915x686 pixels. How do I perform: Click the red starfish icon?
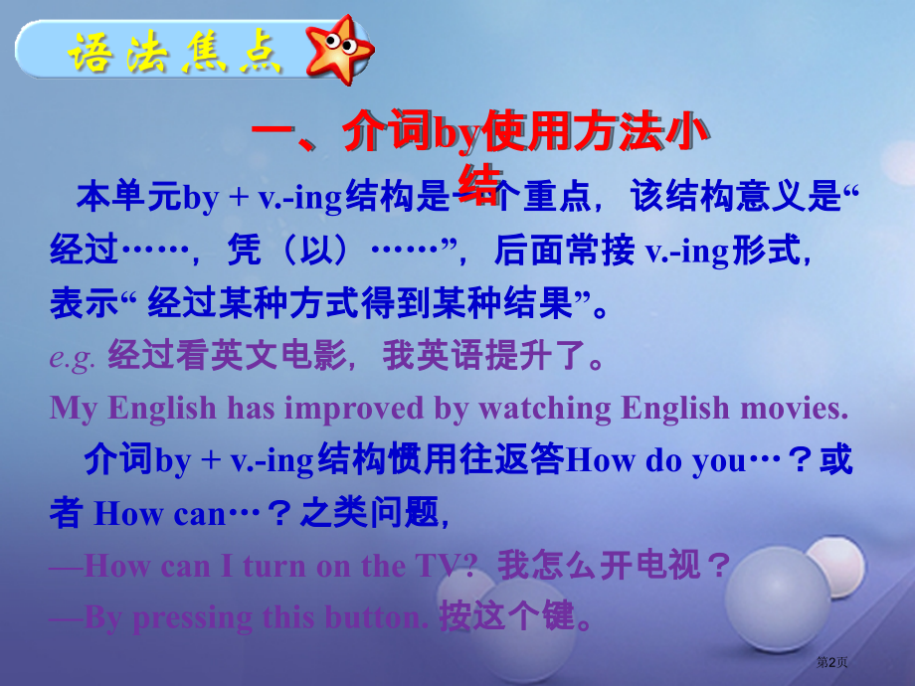(339, 49)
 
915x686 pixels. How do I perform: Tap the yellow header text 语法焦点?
(175, 52)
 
